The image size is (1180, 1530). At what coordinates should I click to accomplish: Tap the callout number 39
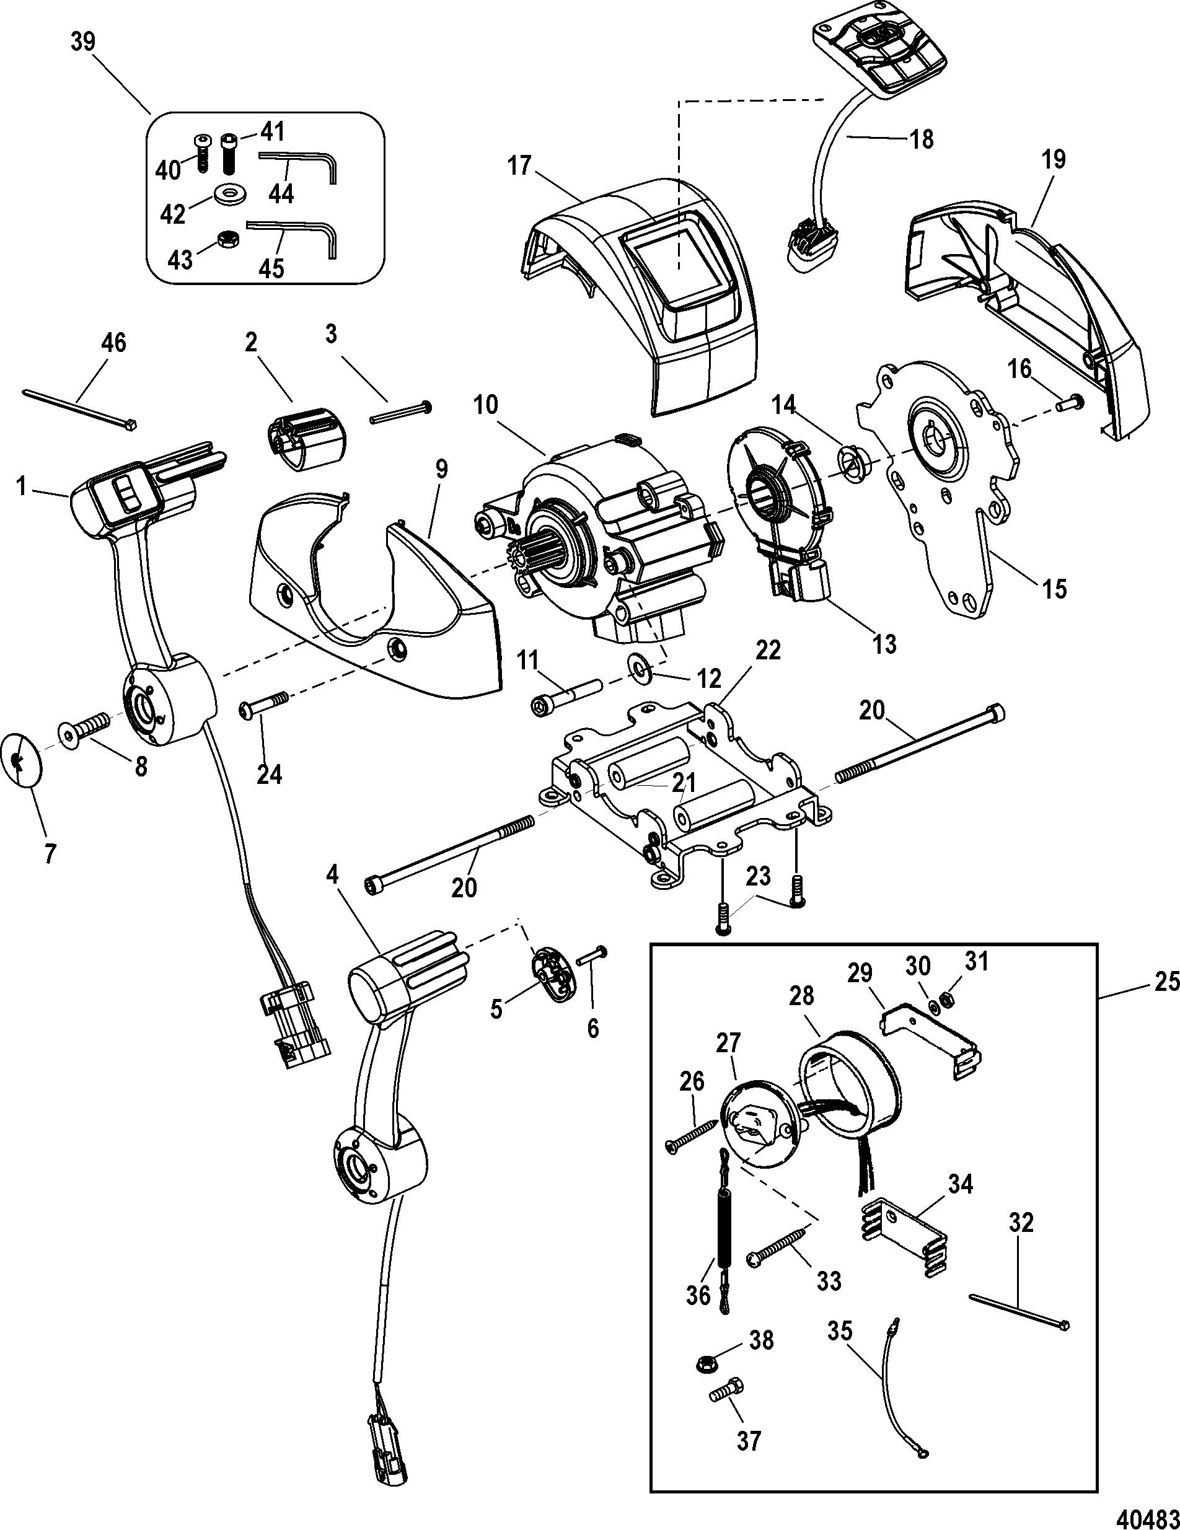84,42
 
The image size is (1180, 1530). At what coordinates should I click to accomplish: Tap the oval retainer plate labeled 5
553,974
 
